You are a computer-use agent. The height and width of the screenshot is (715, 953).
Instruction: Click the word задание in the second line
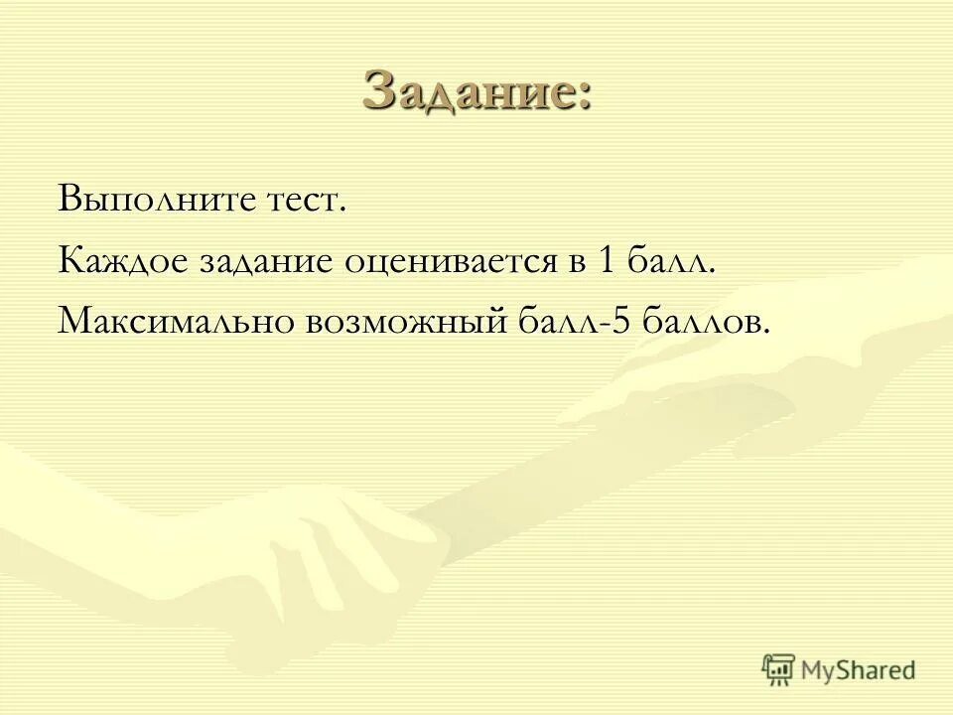265,263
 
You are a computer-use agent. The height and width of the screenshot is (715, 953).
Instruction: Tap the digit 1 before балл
609,261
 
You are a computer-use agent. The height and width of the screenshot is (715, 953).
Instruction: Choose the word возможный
411,323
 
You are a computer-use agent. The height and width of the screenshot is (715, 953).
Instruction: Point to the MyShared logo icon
779,669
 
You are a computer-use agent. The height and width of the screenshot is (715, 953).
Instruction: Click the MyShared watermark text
857,670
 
